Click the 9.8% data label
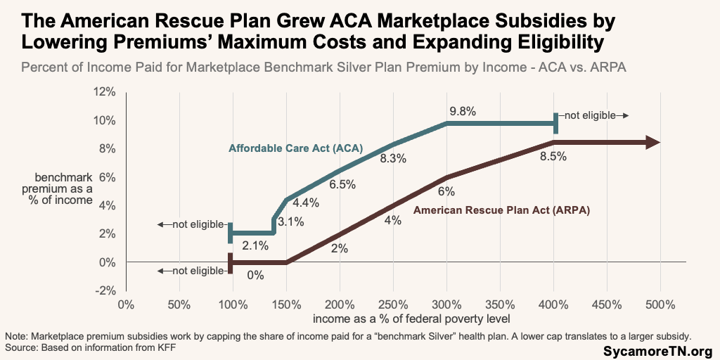coord(463,111)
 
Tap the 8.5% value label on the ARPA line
coord(553,157)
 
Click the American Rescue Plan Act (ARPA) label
coord(501,210)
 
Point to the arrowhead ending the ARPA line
coord(653,143)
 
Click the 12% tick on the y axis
coord(104,92)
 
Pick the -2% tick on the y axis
coord(104,290)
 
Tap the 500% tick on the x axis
coord(660,305)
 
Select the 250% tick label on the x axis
coord(392,305)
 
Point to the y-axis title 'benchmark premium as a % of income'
coord(63,188)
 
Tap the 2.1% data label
coord(255,245)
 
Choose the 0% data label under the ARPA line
coord(255,275)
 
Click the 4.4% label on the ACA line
coord(306,203)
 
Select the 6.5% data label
coord(342,185)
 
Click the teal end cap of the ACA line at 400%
coord(555,123)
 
